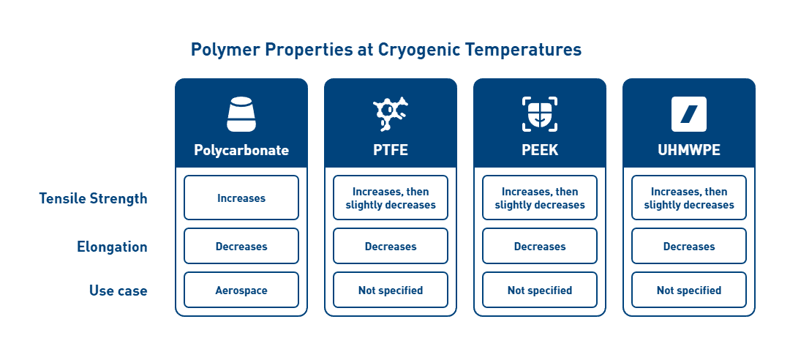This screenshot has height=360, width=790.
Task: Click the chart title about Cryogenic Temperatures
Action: click(385, 50)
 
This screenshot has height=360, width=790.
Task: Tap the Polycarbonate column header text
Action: click(241, 150)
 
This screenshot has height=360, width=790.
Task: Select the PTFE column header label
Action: click(391, 150)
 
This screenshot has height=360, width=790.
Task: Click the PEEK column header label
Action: click(540, 150)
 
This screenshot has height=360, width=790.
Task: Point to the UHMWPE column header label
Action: click(689, 150)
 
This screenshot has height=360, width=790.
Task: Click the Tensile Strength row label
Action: click(93, 198)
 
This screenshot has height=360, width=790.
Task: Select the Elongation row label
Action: click(112, 247)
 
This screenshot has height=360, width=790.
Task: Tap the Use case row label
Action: click(118, 290)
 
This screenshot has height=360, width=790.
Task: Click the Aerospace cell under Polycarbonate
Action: click(241, 290)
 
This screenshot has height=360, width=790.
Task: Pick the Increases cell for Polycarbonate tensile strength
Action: click(241, 198)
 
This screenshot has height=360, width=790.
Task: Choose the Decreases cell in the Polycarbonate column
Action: click(241, 247)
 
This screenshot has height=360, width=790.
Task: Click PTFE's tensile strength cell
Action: click(391, 198)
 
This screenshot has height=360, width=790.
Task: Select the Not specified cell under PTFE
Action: click(391, 290)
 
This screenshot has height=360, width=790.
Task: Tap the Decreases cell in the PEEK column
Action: click(540, 247)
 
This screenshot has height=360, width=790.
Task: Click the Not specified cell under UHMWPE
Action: click(689, 290)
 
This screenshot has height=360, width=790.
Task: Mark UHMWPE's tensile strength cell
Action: click(689, 198)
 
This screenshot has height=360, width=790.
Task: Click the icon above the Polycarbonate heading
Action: click(241, 113)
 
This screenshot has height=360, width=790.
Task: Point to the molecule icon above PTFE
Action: click(391, 113)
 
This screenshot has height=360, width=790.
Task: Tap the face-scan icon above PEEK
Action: click(540, 113)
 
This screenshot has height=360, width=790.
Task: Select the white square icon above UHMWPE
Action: click(689, 113)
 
